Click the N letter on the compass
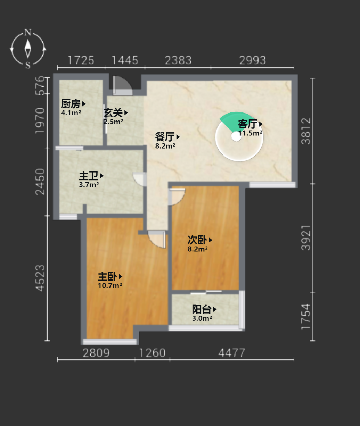tap(28, 32)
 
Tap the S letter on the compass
tap(28, 65)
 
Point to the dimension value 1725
tap(81, 60)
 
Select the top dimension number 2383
tap(178, 60)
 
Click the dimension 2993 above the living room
tap(252, 60)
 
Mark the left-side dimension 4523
tap(40, 278)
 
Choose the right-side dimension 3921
tap(306, 238)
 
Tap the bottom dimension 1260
tap(152, 353)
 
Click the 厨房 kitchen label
tap(71, 104)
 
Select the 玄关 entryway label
tap(113, 112)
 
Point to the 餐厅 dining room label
tap(165, 137)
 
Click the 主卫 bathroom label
tap(89, 176)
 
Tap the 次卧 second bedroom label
tap(197, 240)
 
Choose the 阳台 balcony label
tap(202, 309)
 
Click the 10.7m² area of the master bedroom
tap(110, 285)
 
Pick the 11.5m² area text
tap(250, 133)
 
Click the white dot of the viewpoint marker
tap(236, 137)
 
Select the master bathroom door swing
tap(140, 179)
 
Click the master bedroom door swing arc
tap(157, 240)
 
